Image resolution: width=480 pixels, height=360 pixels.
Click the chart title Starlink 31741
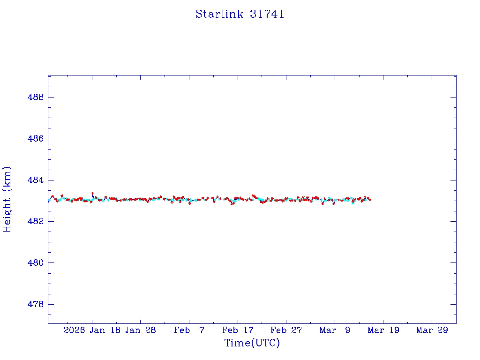tap(240, 14)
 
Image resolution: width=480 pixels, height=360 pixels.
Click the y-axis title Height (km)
tap(7, 199)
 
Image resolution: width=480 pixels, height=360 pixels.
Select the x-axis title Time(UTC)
tap(252, 343)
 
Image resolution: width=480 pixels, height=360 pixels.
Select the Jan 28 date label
tap(140, 330)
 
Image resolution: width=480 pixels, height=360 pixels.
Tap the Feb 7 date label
tap(189, 330)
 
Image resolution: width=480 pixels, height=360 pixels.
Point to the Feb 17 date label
tap(238, 330)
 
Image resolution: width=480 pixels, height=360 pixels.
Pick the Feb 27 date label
tap(286, 330)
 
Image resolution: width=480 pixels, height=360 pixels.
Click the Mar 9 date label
tap(335, 330)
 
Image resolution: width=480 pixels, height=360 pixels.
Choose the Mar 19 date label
tap(383, 330)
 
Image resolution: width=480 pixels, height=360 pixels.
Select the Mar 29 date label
tap(432, 330)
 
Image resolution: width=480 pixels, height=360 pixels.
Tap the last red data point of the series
tap(370, 200)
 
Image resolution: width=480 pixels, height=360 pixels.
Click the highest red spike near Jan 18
tap(92, 193)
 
